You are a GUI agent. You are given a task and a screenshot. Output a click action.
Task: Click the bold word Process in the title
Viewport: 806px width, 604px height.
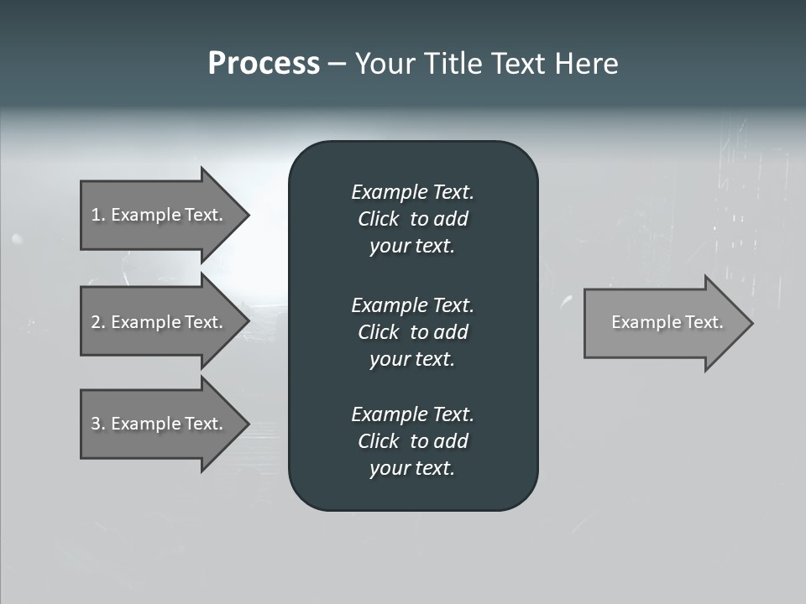[x=264, y=64]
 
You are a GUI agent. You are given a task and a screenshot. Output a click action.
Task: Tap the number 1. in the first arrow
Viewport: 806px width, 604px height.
[x=97, y=215]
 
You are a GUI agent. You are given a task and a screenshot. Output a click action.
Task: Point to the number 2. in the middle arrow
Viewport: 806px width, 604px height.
[x=97, y=322]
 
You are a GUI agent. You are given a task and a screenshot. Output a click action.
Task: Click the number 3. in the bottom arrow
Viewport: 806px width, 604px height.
[x=97, y=424]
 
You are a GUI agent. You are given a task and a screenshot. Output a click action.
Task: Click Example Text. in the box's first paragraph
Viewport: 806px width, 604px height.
[x=412, y=192]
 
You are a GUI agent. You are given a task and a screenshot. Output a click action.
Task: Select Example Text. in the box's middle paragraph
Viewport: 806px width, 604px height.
[x=412, y=305]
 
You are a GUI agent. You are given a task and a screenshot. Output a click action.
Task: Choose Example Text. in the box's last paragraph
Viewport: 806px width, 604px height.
[x=412, y=414]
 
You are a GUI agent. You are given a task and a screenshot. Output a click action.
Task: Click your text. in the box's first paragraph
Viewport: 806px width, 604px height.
[x=412, y=247]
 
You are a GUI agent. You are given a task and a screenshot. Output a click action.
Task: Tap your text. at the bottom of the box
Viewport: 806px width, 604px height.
[x=412, y=469]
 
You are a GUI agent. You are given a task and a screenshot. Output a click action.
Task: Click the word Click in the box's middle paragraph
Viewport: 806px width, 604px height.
[x=378, y=332]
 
